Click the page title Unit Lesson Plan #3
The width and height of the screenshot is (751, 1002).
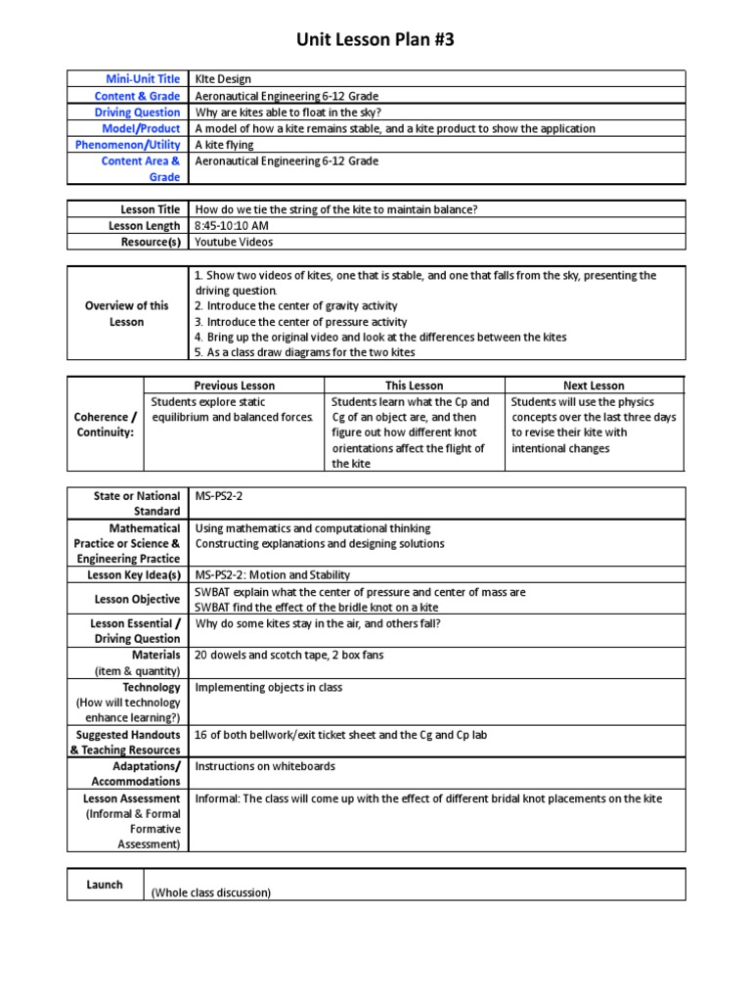(x=375, y=40)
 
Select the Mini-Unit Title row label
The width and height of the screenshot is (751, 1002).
(x=144, y=79)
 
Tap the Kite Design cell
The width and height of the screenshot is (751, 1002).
(x=224, y=79)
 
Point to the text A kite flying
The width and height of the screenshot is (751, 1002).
(x=225, y=145)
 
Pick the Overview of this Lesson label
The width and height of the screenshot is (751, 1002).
(x=127, y=314)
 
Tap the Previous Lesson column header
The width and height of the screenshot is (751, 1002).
(x=234, y=386)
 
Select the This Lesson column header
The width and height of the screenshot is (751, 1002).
(x=414, y=386)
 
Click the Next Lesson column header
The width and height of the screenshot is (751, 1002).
(x=595, y=386)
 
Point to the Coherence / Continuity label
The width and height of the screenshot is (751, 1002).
(x=105, y=425)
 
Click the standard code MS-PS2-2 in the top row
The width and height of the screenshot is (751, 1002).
(x=220, y=496)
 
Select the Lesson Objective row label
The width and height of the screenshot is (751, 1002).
(x=136, y=600)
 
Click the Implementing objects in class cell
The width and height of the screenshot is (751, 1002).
(x=269, y=687)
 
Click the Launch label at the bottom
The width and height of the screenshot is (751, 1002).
(x=105, y=885)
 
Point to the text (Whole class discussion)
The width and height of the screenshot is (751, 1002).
(x=210, y=892)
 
